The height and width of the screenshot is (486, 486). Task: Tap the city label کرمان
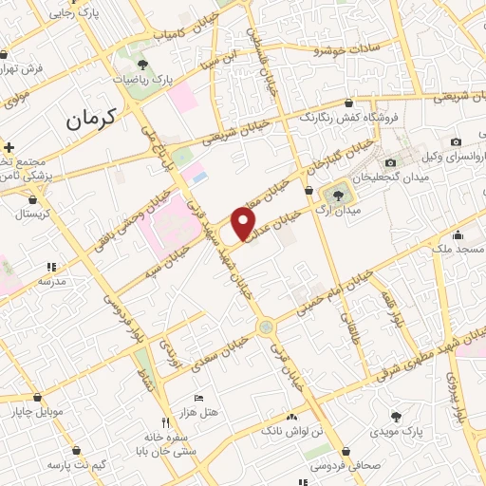pos(91,119)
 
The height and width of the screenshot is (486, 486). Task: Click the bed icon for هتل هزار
pos(197,398)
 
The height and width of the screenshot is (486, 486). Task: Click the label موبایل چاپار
pos(37,412)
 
